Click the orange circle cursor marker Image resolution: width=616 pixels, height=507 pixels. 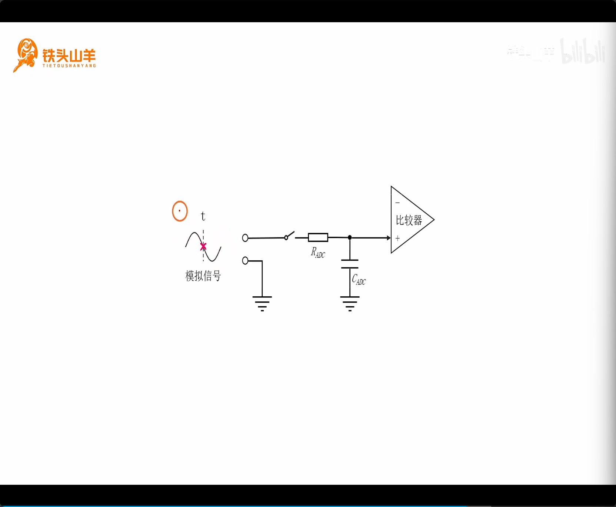[180, 211]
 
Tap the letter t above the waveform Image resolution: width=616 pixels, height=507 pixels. [203, 216]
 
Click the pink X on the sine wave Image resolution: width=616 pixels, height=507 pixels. [203, 246]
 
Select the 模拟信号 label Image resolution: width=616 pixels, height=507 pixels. [203, 276]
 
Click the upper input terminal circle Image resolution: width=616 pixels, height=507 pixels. [245, 238]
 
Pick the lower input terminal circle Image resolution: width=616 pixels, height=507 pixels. [245, 261]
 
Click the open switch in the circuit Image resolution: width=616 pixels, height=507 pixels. [289, 236]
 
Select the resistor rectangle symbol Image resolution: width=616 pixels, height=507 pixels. [318, 237]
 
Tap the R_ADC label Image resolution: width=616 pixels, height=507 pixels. [318, 253]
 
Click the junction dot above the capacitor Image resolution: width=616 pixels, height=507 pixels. [350, 237]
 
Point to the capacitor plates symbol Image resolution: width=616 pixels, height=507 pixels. [350, 264]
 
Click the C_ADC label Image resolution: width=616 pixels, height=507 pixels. [359, 280]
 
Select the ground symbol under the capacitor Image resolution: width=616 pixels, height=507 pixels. [350, 303]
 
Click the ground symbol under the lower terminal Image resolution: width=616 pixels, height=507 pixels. [262, 303]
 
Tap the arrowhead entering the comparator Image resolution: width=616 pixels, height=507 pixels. [388, 238]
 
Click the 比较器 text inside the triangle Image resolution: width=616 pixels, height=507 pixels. [409, 220]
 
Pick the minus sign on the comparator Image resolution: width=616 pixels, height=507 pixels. [397, 203]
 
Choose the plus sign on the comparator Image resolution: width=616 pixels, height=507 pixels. [397, 239]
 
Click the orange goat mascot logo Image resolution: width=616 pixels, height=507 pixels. [26, 55]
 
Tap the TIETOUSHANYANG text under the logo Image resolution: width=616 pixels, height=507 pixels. [69, 66]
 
